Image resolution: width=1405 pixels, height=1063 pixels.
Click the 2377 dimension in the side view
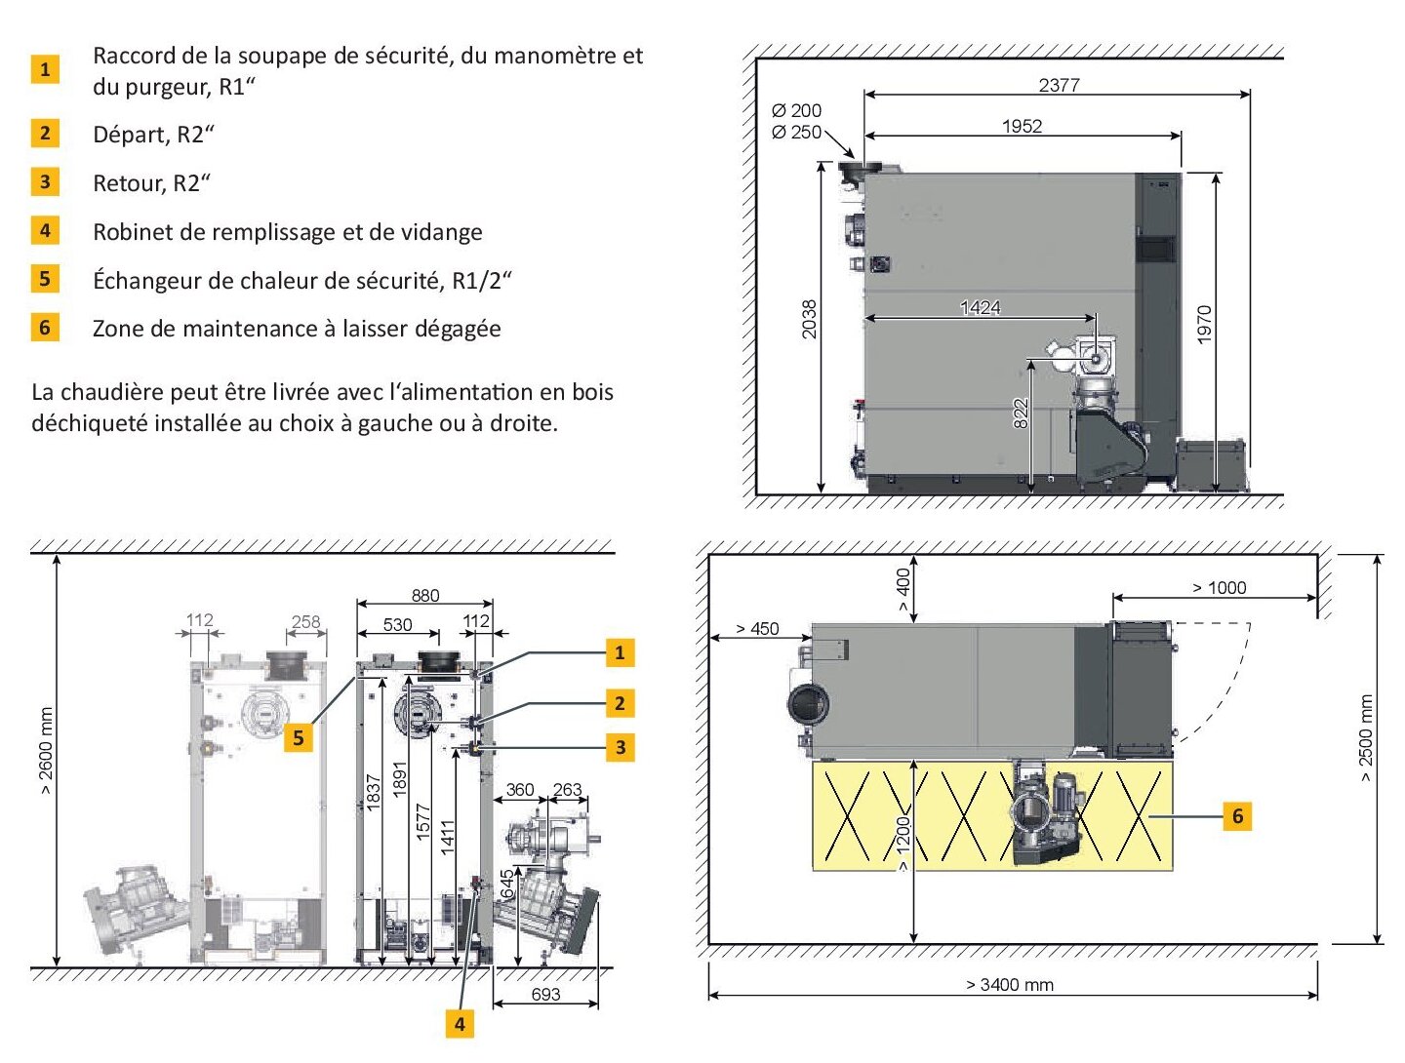pyautogui.click(x=1058, y=85)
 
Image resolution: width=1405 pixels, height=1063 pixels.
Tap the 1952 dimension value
pyautogui.click(x=1022, y=126)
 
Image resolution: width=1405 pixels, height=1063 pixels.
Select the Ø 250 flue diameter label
pyautogui.click(x=796, y=132)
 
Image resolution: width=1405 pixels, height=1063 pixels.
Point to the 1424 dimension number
pyautogui.click(x=980, y=307)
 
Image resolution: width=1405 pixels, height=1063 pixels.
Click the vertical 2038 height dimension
pyautogui.click(x=809, y=319)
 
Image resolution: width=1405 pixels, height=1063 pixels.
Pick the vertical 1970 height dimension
pyautogui.click(x=1204, y=325)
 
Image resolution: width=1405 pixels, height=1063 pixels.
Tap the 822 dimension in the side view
pyautogui.click(x=1021, y=413)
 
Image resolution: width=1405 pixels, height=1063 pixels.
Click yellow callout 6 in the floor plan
pyautogui.click(x=1236, y=815)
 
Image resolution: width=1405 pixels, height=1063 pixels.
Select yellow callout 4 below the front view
pyautogui.click(x=460, y=1023)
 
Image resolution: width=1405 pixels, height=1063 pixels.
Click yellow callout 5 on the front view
pyautogui.click(x=299, y=737)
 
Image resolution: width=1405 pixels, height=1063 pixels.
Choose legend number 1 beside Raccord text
pyautogui.click(x=45, y=69)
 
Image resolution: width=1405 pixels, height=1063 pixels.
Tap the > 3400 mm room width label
pyautogui.click(x=1010, y=984)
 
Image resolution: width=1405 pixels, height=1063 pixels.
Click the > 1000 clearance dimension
pyautogui.click(x=1219, y=587)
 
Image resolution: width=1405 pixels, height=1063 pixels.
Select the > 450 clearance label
pyautogui.click(x=757, y=629)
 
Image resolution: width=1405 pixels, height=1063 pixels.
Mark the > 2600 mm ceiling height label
pyautogui.click(x=46, y=750)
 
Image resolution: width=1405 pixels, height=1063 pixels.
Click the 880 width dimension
pyautogui.click(x=425, y=596)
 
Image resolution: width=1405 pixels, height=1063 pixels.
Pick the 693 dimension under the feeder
pyautogui.click(x=545, y=994)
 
